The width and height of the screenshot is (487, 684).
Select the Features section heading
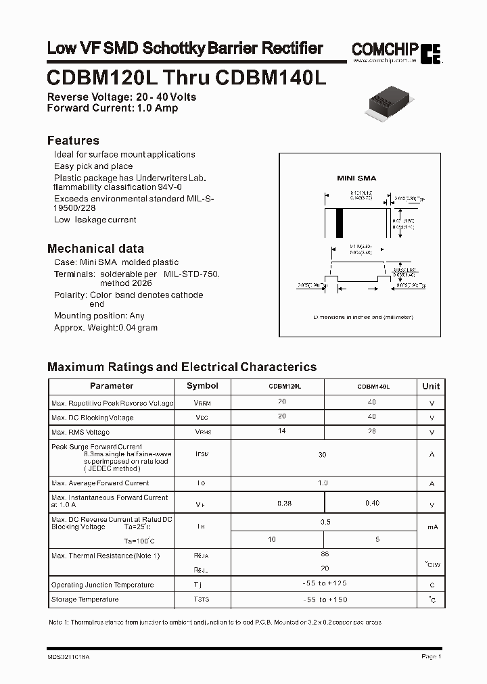[73, 141]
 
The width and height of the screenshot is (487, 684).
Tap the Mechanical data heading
[95, 248]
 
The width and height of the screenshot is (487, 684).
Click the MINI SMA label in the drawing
[356, 178]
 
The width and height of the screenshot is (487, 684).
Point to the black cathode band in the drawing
[340, 222]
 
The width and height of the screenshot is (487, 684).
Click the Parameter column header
[112, 386]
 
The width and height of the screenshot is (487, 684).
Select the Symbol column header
[202, 386]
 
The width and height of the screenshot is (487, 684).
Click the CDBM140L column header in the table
[373, 387]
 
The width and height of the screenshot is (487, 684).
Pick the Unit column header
[431, 387]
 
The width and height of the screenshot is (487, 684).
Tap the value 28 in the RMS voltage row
[371, 431]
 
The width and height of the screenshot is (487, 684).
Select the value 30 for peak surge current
[323, 455]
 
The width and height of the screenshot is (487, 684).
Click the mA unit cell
[432, 527]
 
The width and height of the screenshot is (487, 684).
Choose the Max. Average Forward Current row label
[100, 483]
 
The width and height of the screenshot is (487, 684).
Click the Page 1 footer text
[431, 656]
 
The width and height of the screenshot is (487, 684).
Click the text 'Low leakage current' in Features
[95, 220]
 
